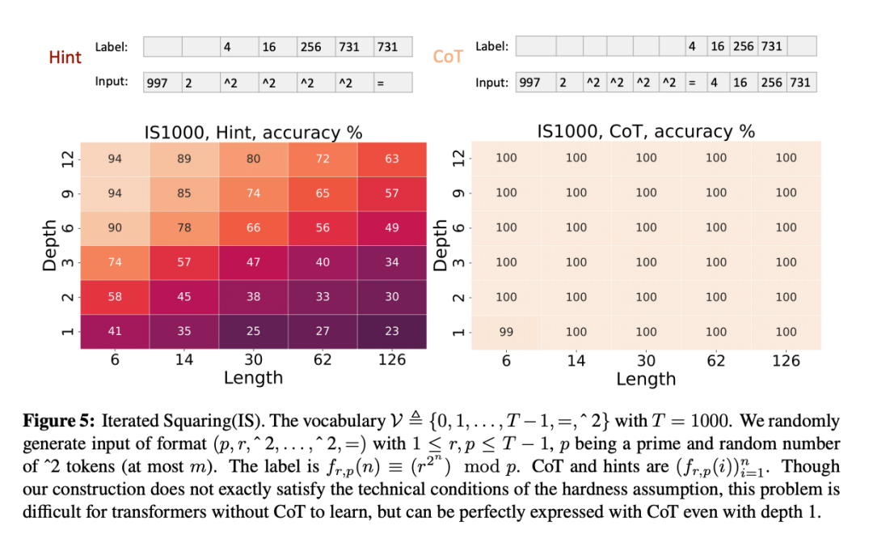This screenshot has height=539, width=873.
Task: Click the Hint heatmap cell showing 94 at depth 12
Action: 115,159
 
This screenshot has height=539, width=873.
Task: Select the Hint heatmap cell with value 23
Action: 392,332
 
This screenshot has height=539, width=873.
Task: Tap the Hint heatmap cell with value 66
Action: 254,228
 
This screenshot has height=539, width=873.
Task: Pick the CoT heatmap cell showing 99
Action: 506,332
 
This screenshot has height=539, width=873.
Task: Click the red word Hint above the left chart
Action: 65,57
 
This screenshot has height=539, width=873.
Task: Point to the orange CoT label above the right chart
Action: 448,57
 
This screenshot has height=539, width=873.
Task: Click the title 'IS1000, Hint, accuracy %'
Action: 253,132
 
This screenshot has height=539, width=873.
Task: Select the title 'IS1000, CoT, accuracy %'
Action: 646,131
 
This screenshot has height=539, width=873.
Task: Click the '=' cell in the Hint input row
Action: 392,83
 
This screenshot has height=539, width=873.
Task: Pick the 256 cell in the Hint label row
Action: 311,47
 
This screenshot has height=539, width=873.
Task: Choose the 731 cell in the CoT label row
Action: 771,47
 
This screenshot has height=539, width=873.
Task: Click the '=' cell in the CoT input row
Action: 692,83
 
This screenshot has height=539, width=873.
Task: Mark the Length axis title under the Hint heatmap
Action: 253,378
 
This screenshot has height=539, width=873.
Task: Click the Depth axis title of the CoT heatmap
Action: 441,244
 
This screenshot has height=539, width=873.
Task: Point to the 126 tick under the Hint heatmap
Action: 392,360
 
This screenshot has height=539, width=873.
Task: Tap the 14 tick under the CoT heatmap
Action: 576,360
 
